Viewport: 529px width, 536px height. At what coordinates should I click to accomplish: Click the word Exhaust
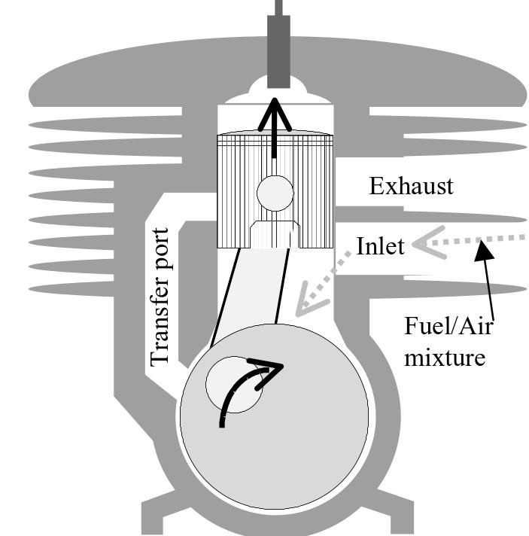pyautogui.click(x=411, y=185)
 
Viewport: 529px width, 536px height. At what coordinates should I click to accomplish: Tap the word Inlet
pyautogui.click(x=381, y=245)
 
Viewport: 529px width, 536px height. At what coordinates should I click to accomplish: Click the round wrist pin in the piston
pyautogui.click(x=275, y=193)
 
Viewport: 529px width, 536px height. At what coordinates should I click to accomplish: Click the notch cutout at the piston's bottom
pyautogui.click(x=274, y=233)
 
